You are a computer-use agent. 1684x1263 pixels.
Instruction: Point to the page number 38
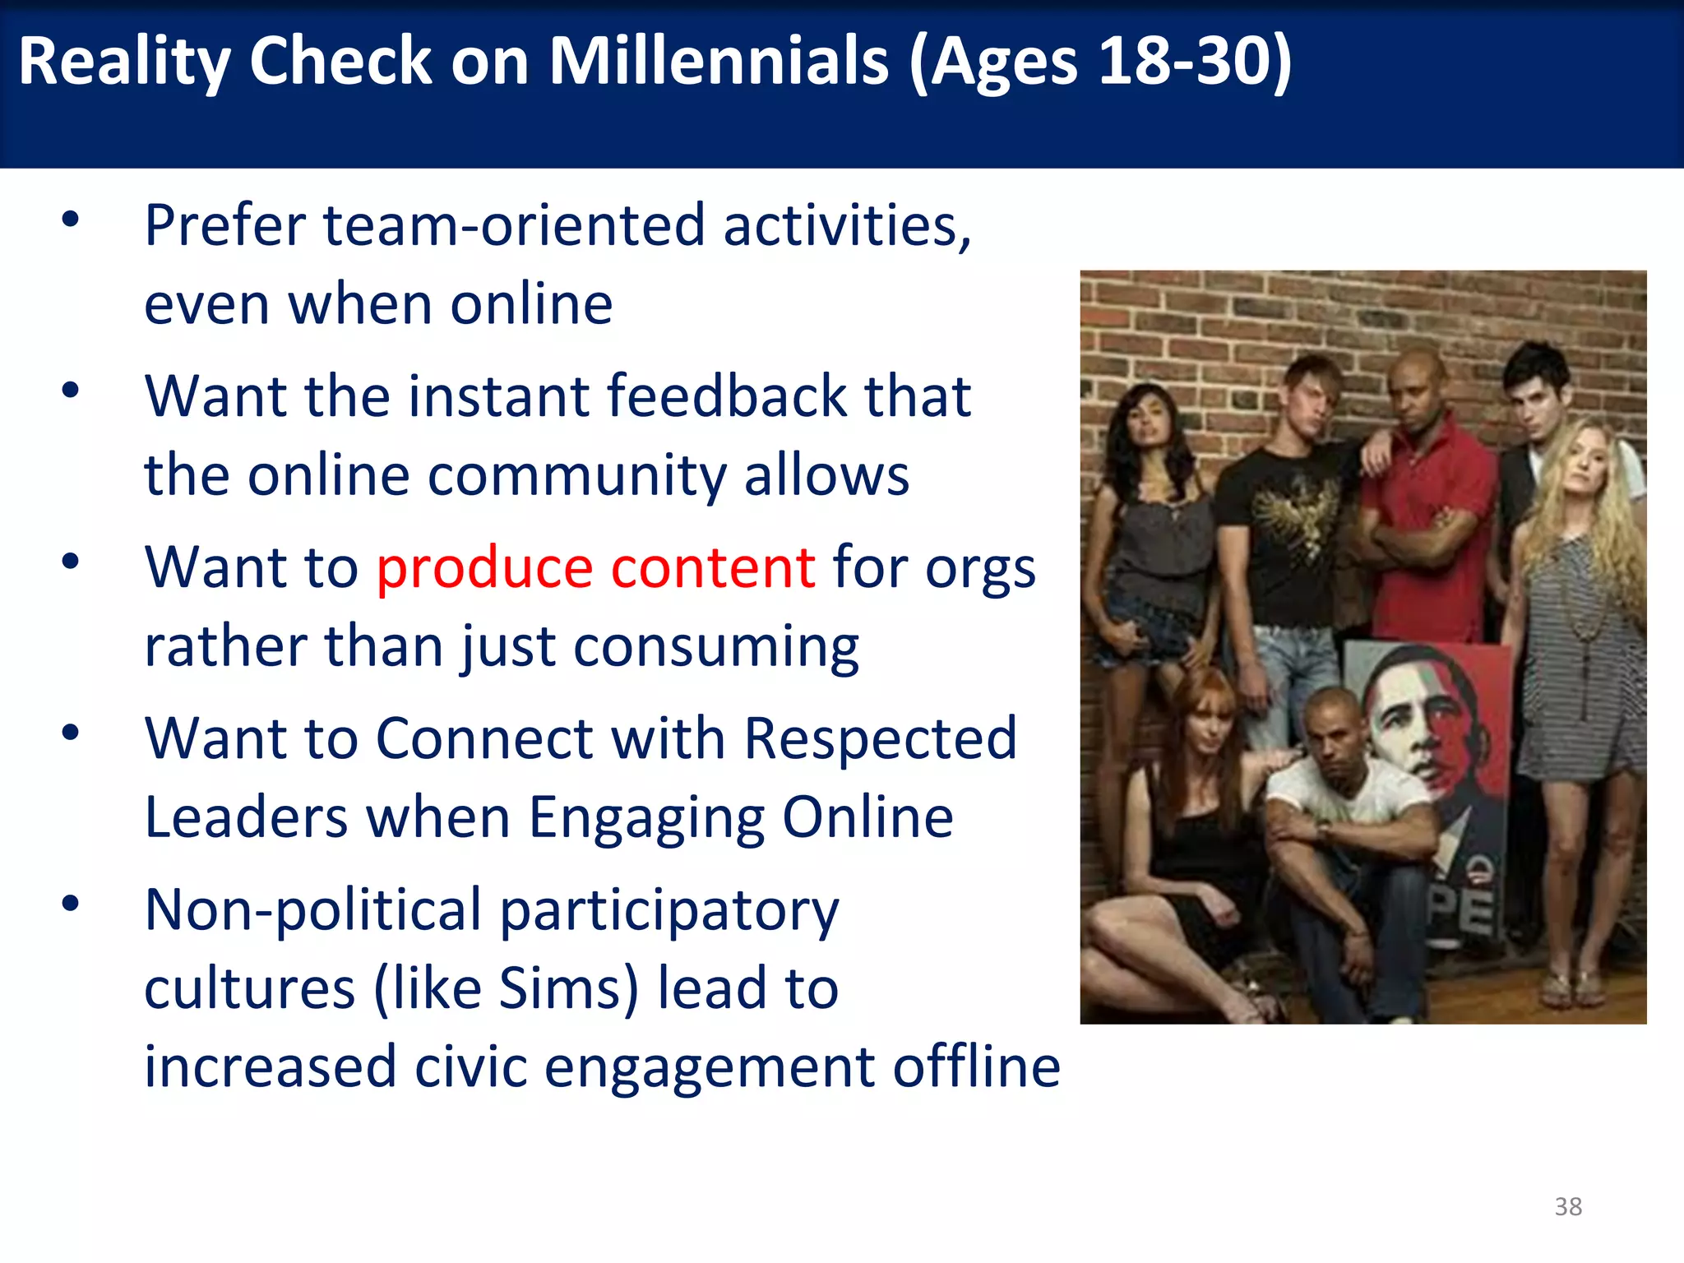(x=1568, y=1206)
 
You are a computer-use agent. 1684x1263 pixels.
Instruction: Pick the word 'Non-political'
(x=312, y=909)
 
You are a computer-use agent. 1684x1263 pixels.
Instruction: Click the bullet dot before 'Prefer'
(x=71, y=220)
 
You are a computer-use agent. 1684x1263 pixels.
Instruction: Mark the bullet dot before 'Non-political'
(x=71, y=904)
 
